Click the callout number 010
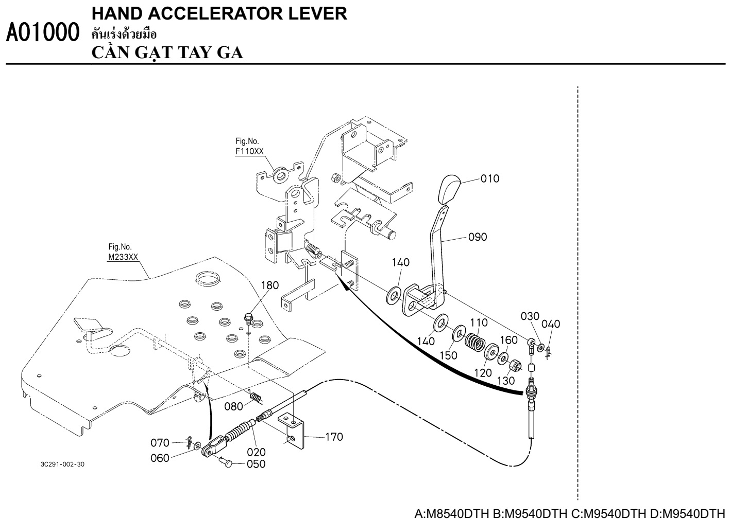tap(490, 179)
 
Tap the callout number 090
tap(478, 237)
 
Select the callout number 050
tap(256, 464)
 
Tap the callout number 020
tap(256, 452)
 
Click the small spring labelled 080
tap(256, 397)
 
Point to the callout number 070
tap(160, 442)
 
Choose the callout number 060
tap(160, 458)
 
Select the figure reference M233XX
tap(123, 257)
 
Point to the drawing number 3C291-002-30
tap(62, 464)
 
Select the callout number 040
tap(551, 324)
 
